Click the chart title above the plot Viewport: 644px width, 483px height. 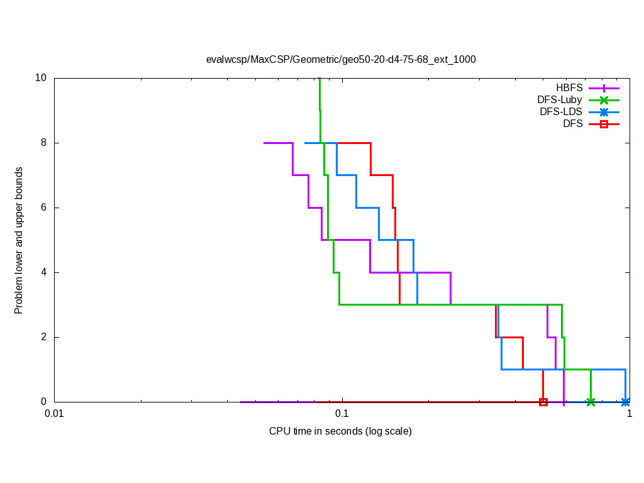coord(341,60)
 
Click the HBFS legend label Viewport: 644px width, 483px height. coord(569,88)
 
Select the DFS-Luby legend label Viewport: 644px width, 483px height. coord(560,100)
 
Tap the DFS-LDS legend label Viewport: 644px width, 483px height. coord(561,112)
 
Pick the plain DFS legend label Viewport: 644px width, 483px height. coord(572,124)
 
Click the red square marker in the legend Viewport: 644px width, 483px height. coord(604,124)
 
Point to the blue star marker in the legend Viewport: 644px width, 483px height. coord(604,112)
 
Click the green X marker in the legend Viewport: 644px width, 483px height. coord(604,100)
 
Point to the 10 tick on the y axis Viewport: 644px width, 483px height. coord(41,78)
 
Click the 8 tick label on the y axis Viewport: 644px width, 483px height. coord(43,143)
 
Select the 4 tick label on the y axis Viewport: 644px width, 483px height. coord(43,272)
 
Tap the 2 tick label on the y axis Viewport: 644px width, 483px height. coord(43,337)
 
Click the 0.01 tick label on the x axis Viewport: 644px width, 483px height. coord(55,414)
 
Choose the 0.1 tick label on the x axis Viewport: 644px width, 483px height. coord(341,414)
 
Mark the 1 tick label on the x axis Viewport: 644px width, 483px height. coord(629,414)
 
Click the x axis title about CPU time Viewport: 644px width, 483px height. coord(340,431)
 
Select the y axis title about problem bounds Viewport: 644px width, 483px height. coord(19,240)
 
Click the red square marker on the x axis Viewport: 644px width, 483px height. coord(543,402)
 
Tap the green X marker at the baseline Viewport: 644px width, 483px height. coord(591,402)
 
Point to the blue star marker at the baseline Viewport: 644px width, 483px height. coord(625,402)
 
